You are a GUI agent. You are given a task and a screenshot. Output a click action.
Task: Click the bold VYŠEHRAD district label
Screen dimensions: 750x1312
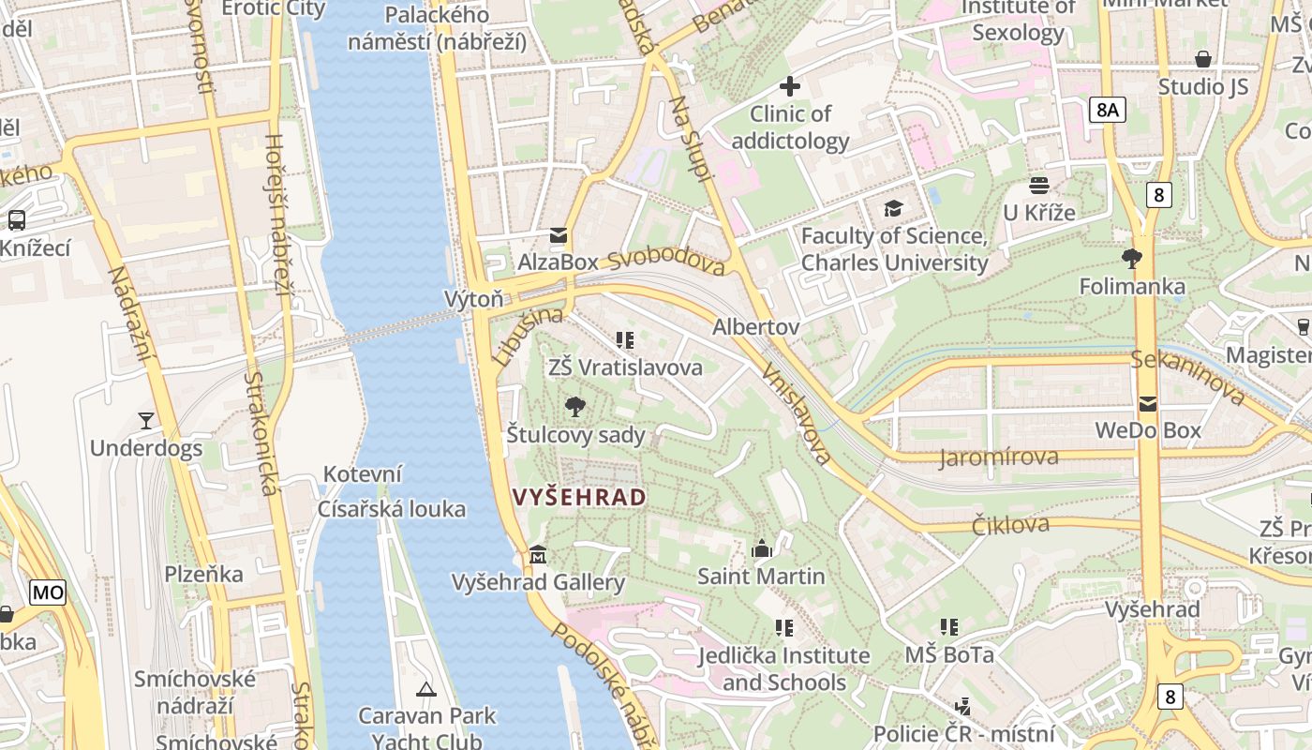(580, 497)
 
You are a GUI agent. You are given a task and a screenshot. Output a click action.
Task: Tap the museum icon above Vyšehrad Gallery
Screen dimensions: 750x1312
(538, 555)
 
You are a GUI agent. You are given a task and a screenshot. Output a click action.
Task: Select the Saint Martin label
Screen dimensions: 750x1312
(761, 577)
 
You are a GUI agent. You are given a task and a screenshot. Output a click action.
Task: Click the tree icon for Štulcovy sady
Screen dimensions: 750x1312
(575, 407)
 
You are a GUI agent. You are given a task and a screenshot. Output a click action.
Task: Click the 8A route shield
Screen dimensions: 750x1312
(1108, 110)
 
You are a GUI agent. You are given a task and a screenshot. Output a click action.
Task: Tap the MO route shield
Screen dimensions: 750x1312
(48, 592)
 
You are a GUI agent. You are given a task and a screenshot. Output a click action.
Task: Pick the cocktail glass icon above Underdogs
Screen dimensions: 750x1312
(145, 420)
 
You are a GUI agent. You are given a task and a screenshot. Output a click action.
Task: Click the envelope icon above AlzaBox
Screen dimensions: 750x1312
(559, 235)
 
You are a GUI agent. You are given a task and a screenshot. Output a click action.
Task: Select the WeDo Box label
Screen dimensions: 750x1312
(1148, 431)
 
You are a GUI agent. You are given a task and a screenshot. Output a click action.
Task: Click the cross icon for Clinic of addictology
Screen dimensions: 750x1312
(790, 86)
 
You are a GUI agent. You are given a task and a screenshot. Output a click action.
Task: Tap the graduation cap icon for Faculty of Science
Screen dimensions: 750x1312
(893, 208)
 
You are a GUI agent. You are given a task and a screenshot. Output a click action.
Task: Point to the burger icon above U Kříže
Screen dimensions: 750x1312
(1038, 185)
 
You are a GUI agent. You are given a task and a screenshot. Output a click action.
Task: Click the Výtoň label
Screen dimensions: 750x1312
(473, 299)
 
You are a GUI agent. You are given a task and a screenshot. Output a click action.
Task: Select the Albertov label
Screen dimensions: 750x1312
(755, 327)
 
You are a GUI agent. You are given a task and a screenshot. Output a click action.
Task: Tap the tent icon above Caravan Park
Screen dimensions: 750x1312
(426, 690)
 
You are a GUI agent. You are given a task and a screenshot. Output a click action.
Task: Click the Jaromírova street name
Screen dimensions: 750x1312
(999, 457)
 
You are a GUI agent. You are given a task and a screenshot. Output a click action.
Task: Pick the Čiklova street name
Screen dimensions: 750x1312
(1010, 525)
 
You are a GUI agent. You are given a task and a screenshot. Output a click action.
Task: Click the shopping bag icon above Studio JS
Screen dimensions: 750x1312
(1203, 59)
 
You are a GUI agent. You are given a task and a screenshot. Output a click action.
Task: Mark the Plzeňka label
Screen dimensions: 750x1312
(204, 574)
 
